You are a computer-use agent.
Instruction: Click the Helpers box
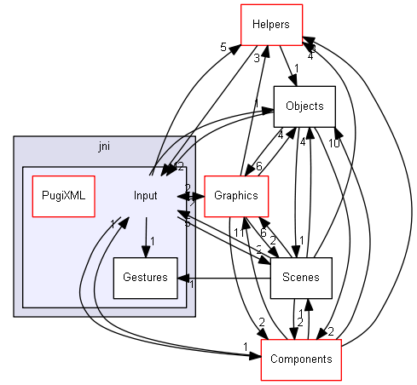coord(276,23)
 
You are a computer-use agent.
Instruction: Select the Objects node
coord(304,106)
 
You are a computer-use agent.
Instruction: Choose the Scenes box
coord(300,278)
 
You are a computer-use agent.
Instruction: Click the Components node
coord(300,359)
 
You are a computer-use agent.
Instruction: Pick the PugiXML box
coord(62,195)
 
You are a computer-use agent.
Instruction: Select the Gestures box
coord(145,278)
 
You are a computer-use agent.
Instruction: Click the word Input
coord(146,195)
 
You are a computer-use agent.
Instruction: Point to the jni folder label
coord(104,147)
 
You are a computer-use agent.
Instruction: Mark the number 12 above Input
coord(178,166)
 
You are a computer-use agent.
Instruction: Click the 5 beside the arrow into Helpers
coord(223,48)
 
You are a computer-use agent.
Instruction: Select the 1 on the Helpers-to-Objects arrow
coord(295,68)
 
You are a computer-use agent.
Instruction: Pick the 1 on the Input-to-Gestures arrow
coord(152,239)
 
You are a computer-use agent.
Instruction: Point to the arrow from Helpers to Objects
coord(287,64)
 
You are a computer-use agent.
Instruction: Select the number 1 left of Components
coord(245,345)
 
